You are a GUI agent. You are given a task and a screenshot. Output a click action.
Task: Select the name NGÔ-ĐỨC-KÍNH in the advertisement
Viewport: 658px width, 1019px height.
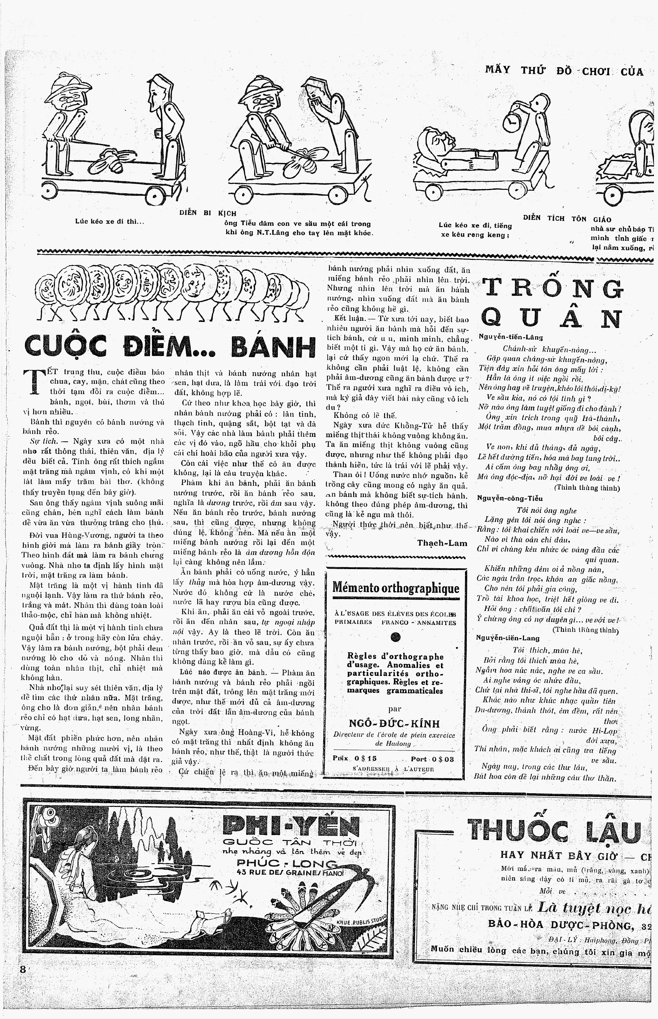(394, 723)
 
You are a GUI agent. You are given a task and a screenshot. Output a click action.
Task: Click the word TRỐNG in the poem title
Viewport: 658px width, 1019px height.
(552, 289)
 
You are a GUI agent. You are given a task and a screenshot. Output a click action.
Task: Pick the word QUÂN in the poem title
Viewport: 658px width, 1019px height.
(551, 318)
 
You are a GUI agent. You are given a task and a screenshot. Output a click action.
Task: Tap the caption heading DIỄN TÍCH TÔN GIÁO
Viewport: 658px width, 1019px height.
(567, 219)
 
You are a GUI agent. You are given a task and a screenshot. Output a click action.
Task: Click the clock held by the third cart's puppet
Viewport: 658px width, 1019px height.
(511, 123)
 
